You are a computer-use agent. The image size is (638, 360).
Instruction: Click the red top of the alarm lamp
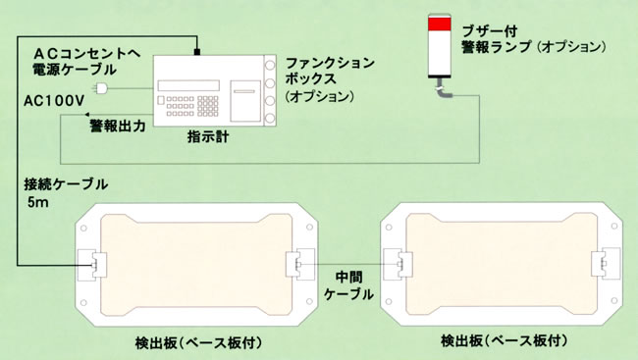(440, 24)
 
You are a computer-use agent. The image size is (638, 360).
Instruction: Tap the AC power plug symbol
(99, 88)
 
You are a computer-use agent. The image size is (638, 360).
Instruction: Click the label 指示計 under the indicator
(208, 136)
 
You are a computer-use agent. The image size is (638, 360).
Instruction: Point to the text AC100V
(54, 101)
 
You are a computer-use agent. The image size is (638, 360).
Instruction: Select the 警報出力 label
(117, 127)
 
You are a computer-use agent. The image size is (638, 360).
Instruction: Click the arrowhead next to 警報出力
(87, 115)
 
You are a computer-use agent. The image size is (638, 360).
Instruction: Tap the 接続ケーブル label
(66, 184)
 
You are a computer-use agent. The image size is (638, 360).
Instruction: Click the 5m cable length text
(38, 202)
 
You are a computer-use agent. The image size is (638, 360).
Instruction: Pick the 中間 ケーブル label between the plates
(348, 285)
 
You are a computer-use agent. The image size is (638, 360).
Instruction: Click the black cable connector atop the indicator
(197, 52)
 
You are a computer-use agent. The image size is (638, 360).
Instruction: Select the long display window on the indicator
(188, 85)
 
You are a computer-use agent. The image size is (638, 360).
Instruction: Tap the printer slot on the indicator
(244, 91)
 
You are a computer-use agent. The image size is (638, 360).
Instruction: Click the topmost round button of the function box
(270, 65)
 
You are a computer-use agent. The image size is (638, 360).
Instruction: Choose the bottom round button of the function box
(270, 119)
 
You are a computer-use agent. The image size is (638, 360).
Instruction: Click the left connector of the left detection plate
(92, 265)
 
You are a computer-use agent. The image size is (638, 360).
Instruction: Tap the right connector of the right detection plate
(606, 264)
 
